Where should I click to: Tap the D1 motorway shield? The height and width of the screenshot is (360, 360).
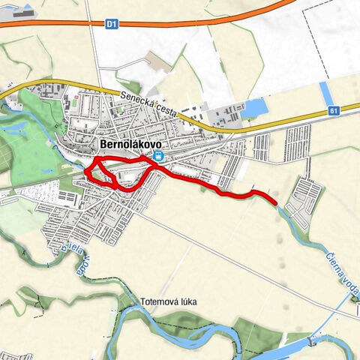[x=111, y=24]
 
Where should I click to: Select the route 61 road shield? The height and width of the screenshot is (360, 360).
[x=333, y=111]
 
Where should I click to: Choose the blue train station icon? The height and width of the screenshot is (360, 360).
[x=158, y=155]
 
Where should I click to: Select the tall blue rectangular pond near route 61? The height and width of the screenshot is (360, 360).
[x=326, y=93]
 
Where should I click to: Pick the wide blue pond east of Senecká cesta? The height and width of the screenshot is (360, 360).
[x=254, y=109]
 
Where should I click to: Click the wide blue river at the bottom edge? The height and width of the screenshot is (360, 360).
[x=300, y=349]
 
